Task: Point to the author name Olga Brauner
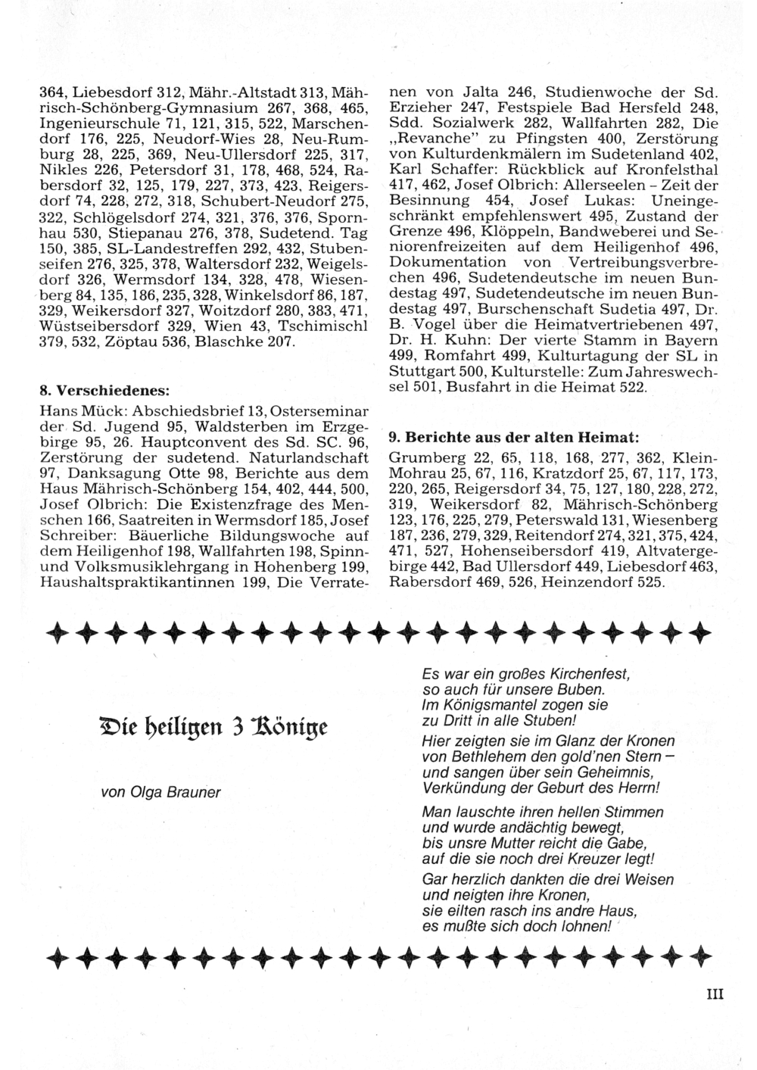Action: pyautogui.click(x=160, y=792)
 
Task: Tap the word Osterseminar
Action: pyautogui.click(x=319, y=410)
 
